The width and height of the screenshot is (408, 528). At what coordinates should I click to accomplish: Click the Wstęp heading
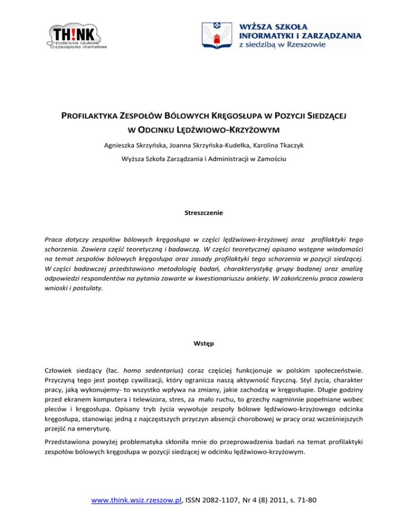click(204, 343)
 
